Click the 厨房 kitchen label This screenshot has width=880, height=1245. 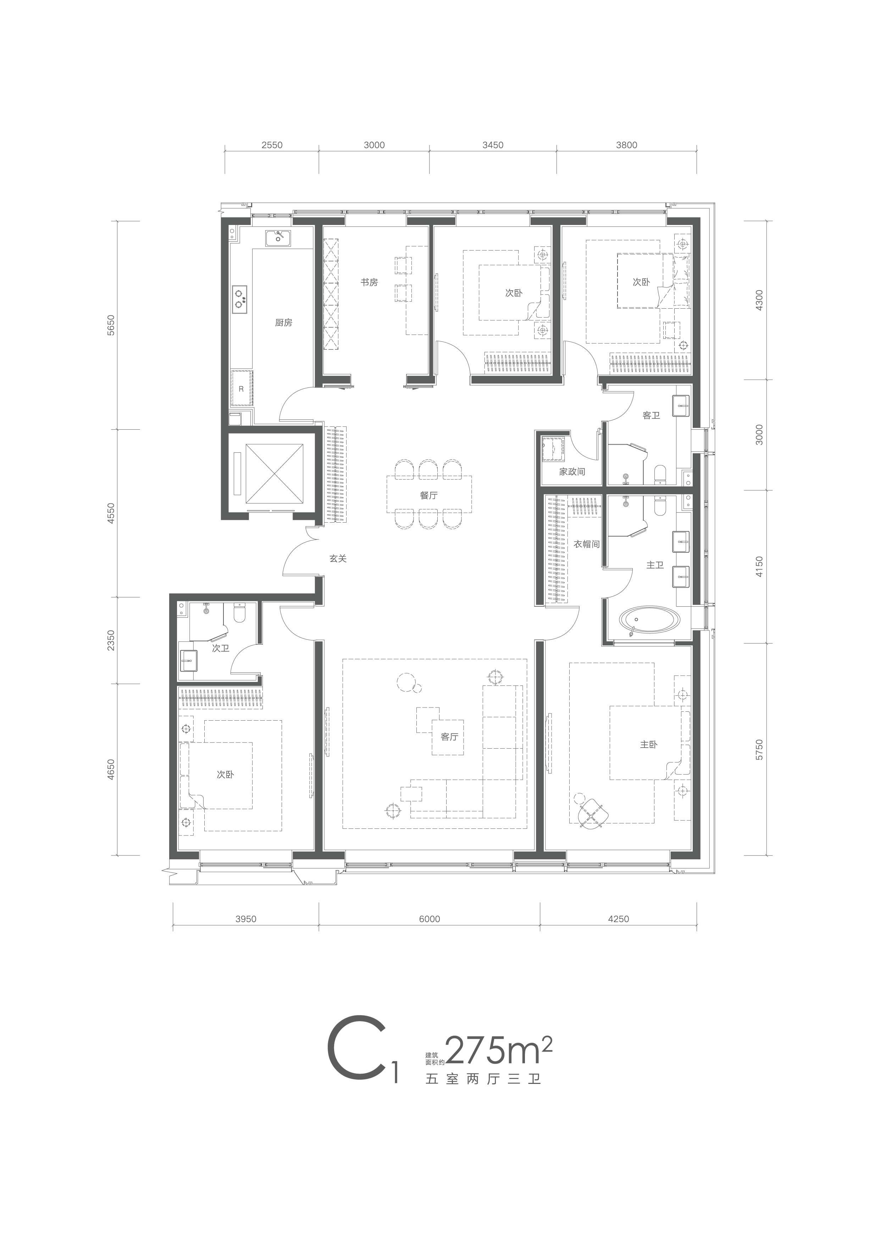pos(283,323)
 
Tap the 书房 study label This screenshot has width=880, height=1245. pos(369,282)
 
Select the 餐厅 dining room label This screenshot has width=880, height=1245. pos(428,495)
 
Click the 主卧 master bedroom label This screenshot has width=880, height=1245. pos(648,744)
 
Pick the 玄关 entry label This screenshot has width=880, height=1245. pos(337,558)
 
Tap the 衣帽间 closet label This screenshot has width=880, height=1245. pos(587,544)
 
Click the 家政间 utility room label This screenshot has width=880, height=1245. pos(572,472)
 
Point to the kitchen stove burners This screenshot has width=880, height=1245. pos(239,299)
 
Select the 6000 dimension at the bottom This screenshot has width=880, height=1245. pos(430,919)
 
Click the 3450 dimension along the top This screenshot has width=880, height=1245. pos(493,145)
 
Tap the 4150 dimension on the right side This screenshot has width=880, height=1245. pos(759,566)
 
